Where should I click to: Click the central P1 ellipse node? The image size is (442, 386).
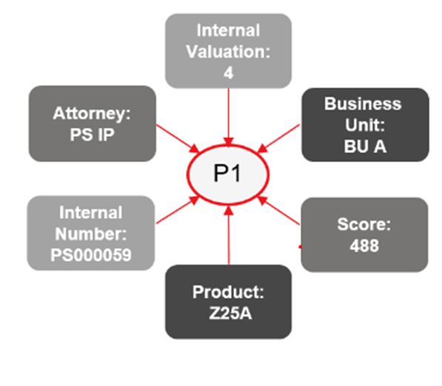(x=228, y=175)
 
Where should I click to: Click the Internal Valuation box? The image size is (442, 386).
(x=228, y=51)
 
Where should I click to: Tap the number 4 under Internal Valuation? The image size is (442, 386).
(x=229, y=73)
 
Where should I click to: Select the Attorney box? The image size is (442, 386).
(x=93, y=123)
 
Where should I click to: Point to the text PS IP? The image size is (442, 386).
(x=93, y=135)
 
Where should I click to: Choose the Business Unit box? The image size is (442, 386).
(x=365, y=125)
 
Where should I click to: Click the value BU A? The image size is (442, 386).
(x=365, y=146)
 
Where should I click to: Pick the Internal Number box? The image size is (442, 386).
(x=91, y=233)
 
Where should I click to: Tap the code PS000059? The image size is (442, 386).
(x=91, y=255)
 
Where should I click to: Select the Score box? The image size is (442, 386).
(x=364, y=235)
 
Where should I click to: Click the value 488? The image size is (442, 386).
(x=364, y=246)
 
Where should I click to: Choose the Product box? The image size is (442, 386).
(x=228, y=302)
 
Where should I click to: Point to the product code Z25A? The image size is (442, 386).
(x=230, y=313)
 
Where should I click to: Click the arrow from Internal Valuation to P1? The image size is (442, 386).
(x=229, y=118)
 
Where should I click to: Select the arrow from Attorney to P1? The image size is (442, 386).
(x=178, y=138)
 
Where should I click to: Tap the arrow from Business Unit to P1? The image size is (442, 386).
(x=278, y=138)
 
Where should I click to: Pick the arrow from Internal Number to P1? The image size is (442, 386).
(x=178, y=210)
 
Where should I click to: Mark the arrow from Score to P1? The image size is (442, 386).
(x=278, y=211)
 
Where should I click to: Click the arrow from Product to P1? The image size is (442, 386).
(x=229, y=235)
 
